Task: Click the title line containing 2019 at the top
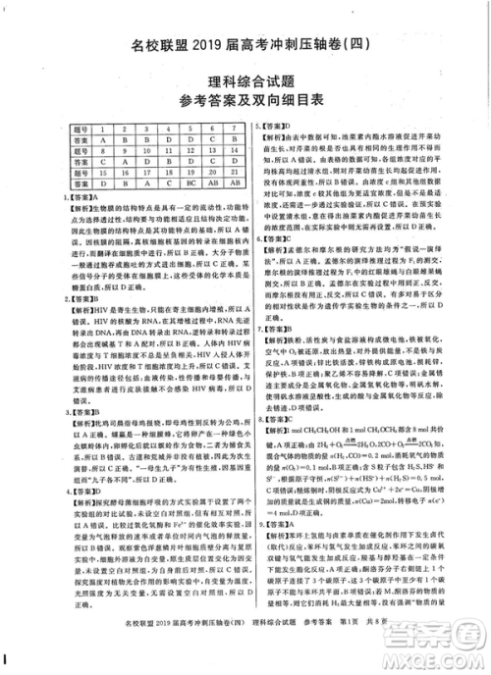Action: [x=246, y=44]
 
